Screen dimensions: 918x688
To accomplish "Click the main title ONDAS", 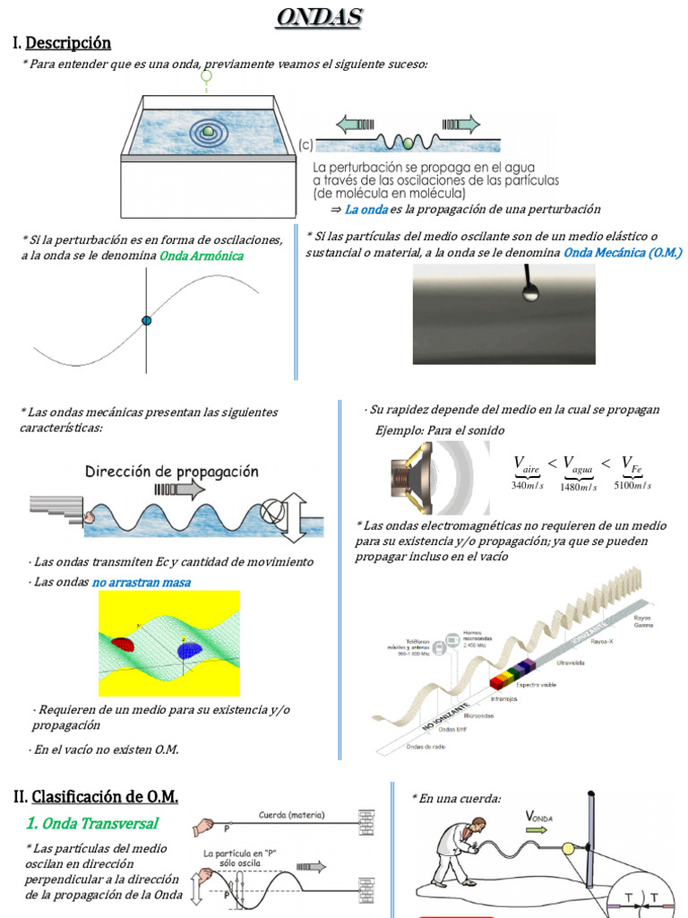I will click(318, 17).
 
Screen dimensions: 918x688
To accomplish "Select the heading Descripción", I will click(68, 42).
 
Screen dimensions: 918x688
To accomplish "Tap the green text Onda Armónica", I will click(202, 256).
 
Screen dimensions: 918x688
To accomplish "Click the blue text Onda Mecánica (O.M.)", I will click(623, 253).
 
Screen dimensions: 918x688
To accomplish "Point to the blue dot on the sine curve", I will click(147, 320).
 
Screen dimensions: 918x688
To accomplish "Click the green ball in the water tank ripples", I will click(208, 132).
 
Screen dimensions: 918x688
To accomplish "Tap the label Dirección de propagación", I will click(172, 472).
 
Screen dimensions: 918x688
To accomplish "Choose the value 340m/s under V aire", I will click(527, 485).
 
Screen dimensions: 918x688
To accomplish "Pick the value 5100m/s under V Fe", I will click(632, 485).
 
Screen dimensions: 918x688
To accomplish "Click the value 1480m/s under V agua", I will click(579, 487).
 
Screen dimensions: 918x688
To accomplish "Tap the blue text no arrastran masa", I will click(141, 583).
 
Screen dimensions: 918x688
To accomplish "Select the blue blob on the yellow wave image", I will click(190, 650).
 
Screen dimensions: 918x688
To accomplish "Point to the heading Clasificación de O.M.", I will click(105, 796).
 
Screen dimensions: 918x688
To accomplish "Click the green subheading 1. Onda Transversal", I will click(92, 823).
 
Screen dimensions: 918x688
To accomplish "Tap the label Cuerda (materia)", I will click(292, 815).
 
